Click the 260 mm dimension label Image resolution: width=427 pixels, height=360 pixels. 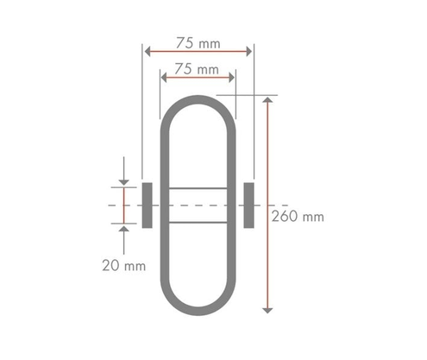(298, 217)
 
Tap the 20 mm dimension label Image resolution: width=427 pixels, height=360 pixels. (123, 266)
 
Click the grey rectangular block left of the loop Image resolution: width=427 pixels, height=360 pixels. (147, 205)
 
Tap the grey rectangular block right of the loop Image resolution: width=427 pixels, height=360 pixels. (249, 205)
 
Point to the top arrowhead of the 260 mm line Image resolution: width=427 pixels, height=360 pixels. (269, 102)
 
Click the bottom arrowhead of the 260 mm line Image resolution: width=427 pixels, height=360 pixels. (269, 307)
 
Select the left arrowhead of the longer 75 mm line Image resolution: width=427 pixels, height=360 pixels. (148, 52)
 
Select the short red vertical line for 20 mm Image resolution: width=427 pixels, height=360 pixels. (124, 205)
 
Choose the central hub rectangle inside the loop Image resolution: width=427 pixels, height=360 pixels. (198, 205)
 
